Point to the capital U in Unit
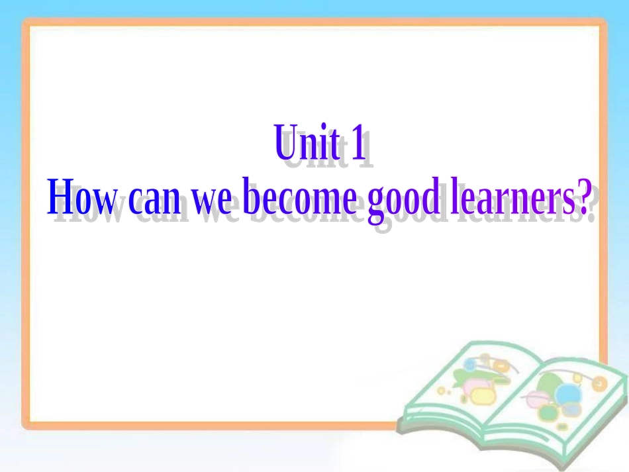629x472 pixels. click(x=285, y=144)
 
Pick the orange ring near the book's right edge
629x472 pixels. click(x=599, y=383)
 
